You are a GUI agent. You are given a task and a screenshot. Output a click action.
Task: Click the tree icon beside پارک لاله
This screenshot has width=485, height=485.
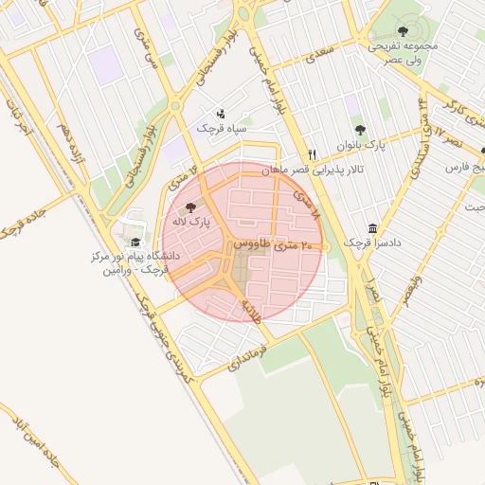point(190,207)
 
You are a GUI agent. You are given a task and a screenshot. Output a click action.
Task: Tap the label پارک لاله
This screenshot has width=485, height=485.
point(189,221)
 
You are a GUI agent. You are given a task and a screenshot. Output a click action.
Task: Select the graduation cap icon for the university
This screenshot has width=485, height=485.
point(135,242)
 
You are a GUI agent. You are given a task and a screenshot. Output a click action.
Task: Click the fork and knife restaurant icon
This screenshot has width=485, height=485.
point(311,154)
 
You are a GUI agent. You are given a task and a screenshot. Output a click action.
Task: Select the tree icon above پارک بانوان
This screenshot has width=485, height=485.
point(359,130)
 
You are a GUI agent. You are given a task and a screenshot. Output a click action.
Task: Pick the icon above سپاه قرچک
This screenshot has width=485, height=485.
point(221,113)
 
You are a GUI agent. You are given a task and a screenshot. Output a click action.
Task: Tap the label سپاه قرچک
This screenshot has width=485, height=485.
point(221,127)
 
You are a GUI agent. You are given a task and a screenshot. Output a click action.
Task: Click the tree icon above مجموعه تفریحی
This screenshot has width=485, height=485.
point(403,31)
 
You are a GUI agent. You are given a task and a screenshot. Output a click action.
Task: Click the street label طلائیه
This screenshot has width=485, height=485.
point(249,311)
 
